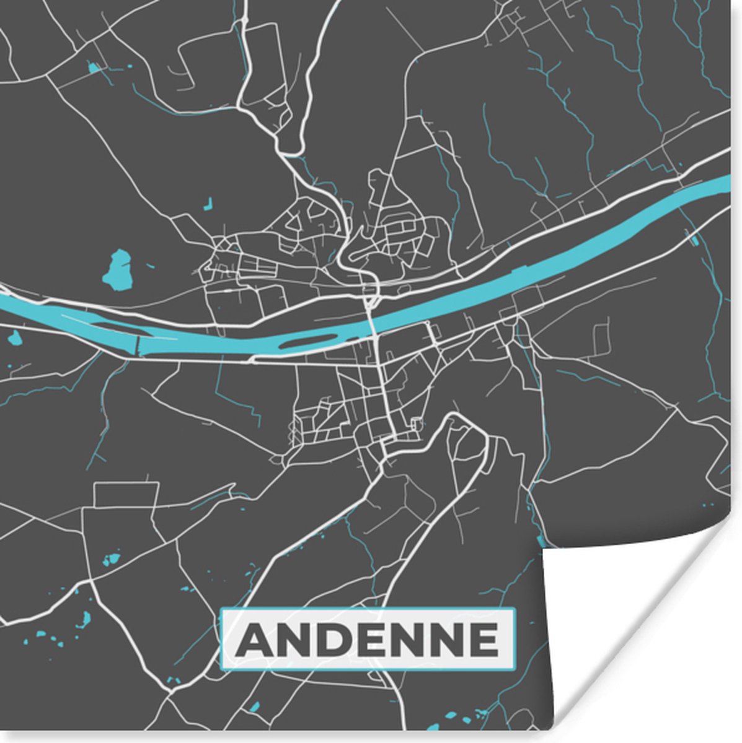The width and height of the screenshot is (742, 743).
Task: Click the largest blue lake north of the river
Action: point(117,271)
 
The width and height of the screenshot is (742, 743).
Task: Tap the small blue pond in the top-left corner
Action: point(94,67)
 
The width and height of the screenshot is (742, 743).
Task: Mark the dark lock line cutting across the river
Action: point(138,344)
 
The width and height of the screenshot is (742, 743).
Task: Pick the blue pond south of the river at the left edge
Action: point(14,338)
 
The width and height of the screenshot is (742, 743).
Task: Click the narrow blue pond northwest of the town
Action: point(209,202)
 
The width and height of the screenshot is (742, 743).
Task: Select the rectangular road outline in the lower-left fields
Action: point(126,494)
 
